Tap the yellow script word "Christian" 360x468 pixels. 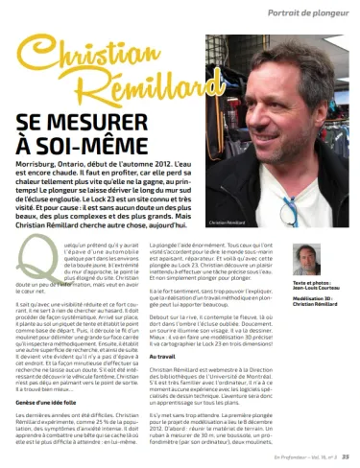pos(87,65)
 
